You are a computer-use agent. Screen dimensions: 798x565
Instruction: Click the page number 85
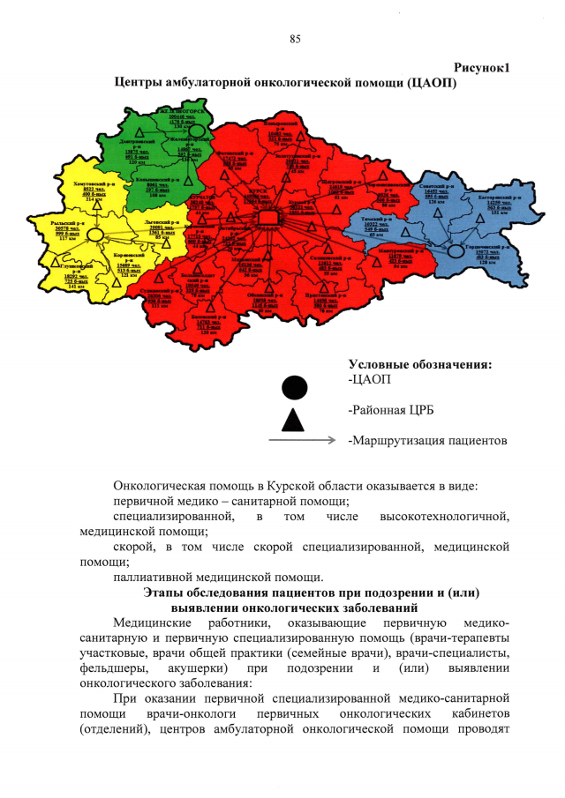pos(295,38)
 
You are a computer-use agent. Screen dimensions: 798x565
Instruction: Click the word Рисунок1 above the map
pos(482,68)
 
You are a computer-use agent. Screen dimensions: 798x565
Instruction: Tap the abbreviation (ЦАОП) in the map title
pos(427,83)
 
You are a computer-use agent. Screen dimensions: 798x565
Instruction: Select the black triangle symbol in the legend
pos(295,419)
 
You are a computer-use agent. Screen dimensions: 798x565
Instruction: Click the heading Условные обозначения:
pos(420,364)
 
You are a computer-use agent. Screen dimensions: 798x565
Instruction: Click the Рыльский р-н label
pos(59,223)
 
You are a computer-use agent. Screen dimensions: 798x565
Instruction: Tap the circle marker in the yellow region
pos(96,235)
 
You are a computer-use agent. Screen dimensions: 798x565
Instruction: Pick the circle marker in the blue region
pos(456,251)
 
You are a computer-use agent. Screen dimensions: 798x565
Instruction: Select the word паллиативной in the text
pos(153,576)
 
